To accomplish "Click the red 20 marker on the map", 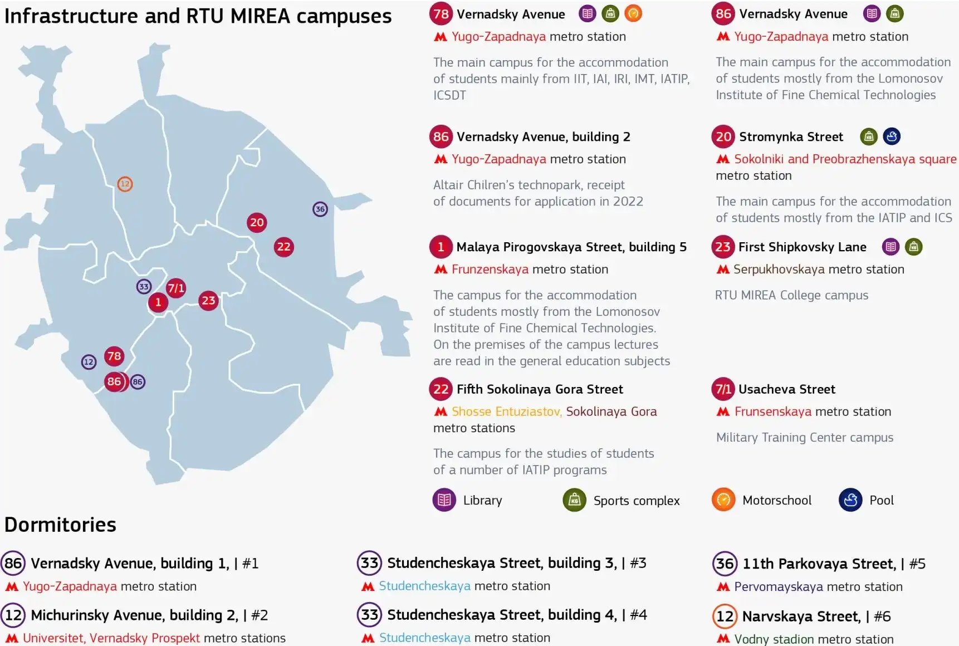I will (x=257, y=223).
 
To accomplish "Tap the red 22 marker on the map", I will (x=284, y=247).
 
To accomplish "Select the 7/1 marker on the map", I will (x=176, y=288).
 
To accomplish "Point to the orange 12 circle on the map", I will (x=125, y=184).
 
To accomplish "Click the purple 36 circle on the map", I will (x=320, y=209).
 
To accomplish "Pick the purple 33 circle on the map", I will (x=144, y=287).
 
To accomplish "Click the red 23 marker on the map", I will (x=208, y=301).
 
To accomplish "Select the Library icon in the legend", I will (x=444, y=500).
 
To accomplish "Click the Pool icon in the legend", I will (x=850, y=500).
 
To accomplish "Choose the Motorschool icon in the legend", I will (x=723, y=500).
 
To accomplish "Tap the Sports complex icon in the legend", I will (x=574, y=500).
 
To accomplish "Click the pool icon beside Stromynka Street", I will (x=892, y=136).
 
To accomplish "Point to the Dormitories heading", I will (x=60, y=525).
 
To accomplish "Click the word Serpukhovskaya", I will (x=779, y=270).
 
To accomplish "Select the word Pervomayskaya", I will (x=778, y=586).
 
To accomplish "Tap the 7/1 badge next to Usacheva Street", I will (x=723, y=389).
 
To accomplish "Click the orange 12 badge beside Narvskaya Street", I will (x=725, y=616).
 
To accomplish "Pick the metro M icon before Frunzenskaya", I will (x=441, y=270).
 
